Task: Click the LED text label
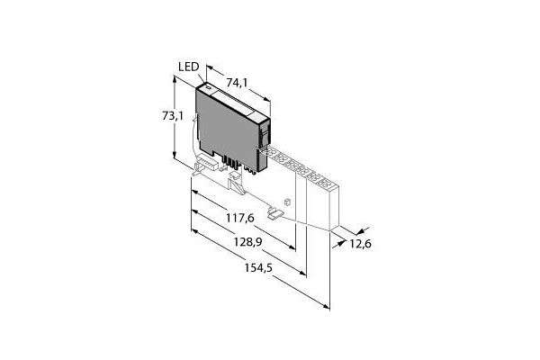click(x=189, y=67)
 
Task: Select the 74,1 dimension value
click(x=237, y=83)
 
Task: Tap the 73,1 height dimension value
click(x=173, y=116)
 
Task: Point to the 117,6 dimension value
click(x=240, y=218)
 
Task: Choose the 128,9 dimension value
click(x=248, y=242)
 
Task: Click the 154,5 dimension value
click(x=258, y=267)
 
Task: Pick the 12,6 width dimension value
click(x=361, y=244)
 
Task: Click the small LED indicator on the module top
click(x=208, y=87)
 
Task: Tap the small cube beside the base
click(x=288, y=202)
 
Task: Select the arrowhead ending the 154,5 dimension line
click(x=326, y=306)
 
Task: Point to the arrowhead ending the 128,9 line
click(x=302, y=273)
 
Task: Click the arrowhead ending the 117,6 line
click(x=292, y=247)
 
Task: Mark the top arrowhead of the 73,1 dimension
click(x=175, y=80)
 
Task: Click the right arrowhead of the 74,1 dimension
click(x=266, y=99)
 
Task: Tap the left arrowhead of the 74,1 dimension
click(x=210, y=67)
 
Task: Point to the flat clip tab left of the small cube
click(x=274, y=213)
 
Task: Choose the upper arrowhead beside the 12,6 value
click(x=360, y=230)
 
